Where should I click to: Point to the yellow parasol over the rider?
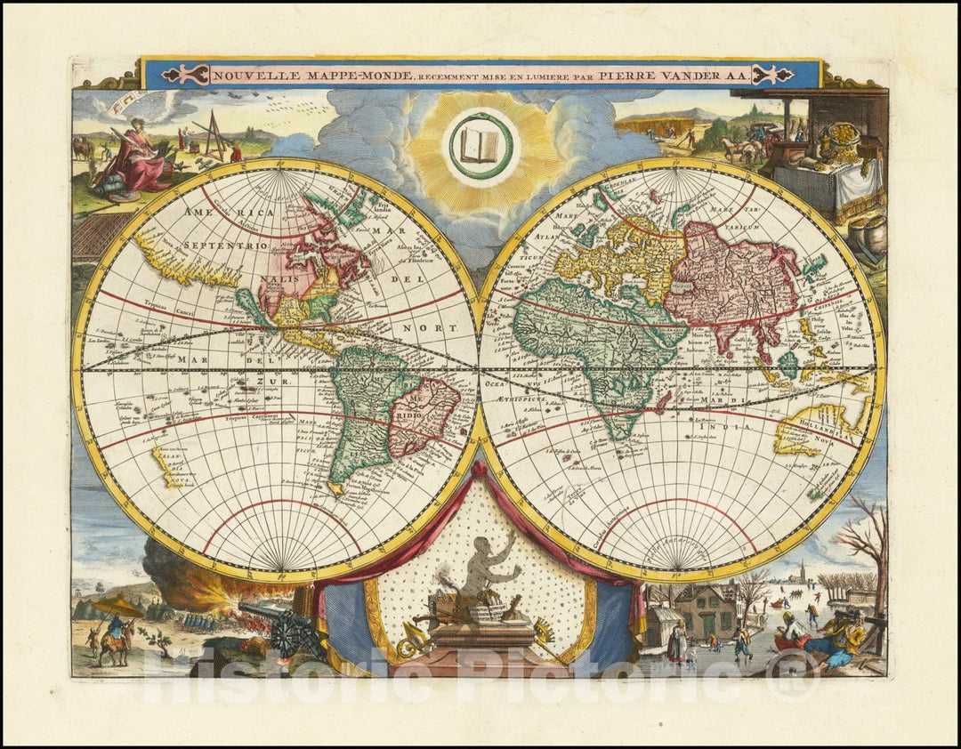[x=117, y=607]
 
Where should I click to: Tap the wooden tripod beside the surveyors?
[x=213, y=134]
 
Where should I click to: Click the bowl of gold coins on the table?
[x=840, y=139]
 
